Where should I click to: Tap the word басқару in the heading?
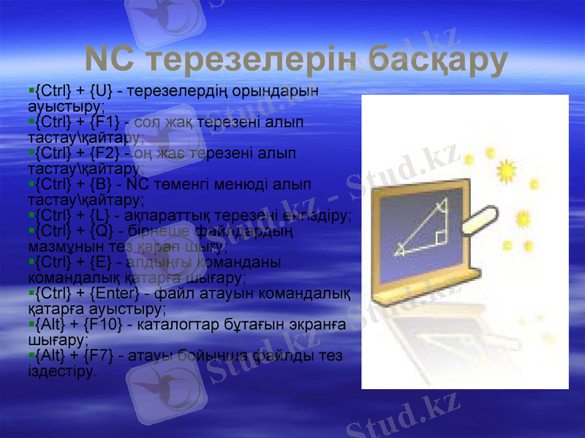tap(438, 61)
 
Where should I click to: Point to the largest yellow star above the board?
tap(505, 170)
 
